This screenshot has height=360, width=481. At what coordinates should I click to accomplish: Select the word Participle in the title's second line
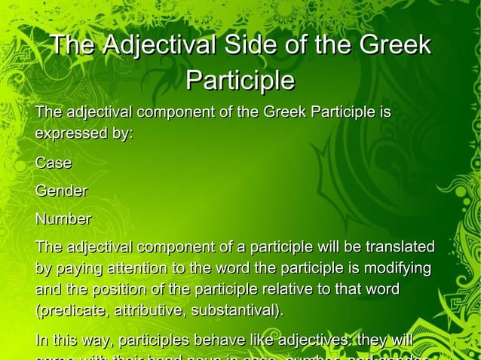pyautogui.click(x=240, y=79)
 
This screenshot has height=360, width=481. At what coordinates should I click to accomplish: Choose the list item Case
pyautogui.click(x=54, y=163)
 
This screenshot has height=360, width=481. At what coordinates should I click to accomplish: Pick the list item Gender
pyautogui.click(x=61, y=191)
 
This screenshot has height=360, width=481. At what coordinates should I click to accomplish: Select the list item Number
pyautogui.click(x=63, y=219)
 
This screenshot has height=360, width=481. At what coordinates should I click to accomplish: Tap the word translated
pyautogui.click(x=400, y=247)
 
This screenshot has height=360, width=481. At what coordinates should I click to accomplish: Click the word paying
pyautogui.click(x=82, y=269)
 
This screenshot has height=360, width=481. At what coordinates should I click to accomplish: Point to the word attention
pyautogui.click(x=140, y=269)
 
